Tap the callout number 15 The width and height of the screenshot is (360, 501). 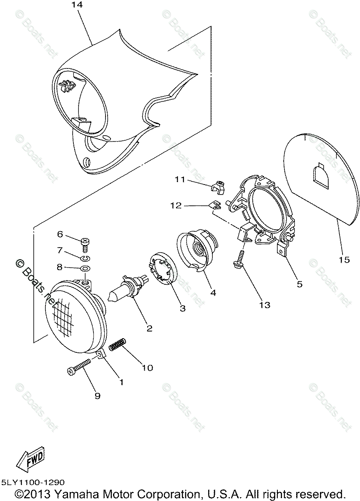pos(344,260)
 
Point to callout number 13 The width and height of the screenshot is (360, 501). pos(264,305)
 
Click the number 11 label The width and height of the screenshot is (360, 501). pos(180,180)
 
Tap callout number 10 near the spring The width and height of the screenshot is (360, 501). pos(147,368)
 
